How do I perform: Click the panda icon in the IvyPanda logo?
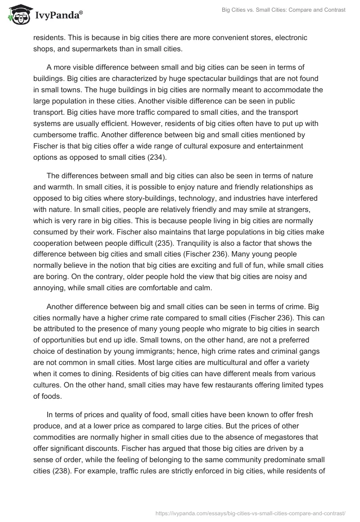[x=18, y=16]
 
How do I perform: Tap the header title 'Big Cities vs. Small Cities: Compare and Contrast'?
[x=283, y=10]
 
